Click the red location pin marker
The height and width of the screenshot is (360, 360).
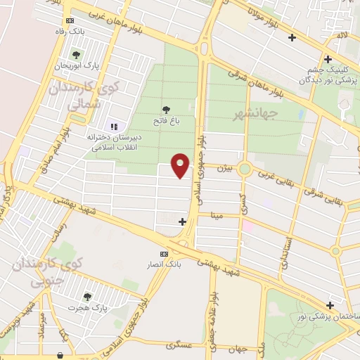point(181,165)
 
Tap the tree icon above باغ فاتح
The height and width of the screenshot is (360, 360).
point(166,109)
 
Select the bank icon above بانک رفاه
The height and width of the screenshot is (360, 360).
point(68,22)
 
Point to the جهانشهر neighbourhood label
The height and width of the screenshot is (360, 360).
point(258,111)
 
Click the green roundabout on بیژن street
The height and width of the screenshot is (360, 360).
point(245,169)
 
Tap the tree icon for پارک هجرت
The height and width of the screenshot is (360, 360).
point(87,297)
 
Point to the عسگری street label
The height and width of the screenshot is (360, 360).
point(179,345)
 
